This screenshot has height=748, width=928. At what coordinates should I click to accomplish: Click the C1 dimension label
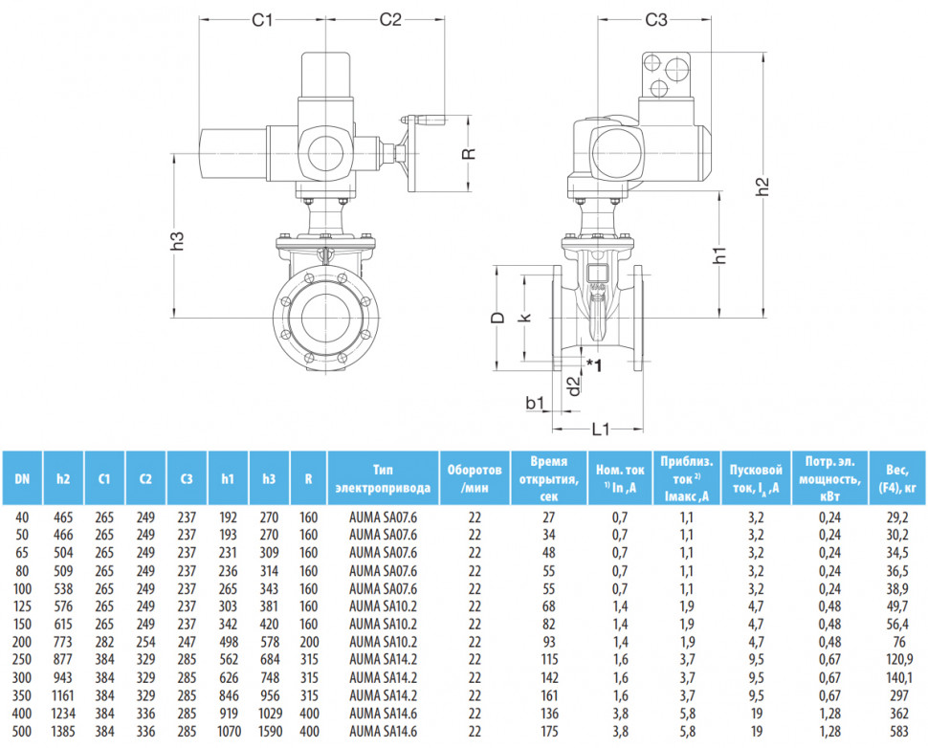[262, 19]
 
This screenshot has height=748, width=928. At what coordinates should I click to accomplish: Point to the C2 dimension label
[390, 19]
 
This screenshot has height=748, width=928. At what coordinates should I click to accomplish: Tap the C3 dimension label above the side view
[655, 19]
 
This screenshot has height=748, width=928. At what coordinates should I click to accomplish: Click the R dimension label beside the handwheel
[469, 153]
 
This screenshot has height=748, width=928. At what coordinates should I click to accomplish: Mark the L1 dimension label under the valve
[600, 429]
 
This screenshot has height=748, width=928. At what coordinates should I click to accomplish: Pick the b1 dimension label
[535, 403]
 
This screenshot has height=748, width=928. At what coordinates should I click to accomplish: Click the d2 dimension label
[573, 387]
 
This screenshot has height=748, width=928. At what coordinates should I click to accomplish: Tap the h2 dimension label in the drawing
[764, 187]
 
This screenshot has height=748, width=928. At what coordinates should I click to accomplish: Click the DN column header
[22, 479]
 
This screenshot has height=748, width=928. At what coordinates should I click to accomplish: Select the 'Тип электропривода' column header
[383, 479]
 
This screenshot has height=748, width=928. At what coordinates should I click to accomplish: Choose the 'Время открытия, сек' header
[548, 479]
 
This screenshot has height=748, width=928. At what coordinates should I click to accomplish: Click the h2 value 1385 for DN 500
[63, 732]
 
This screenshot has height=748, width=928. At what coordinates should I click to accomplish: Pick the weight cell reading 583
[898, 732]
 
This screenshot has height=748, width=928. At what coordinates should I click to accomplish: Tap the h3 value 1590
[270, 732]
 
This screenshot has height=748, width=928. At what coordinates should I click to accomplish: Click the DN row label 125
[22, 606]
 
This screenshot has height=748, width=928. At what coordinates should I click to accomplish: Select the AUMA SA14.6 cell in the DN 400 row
[383, 714]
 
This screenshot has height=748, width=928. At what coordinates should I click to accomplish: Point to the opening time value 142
[548, 677]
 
